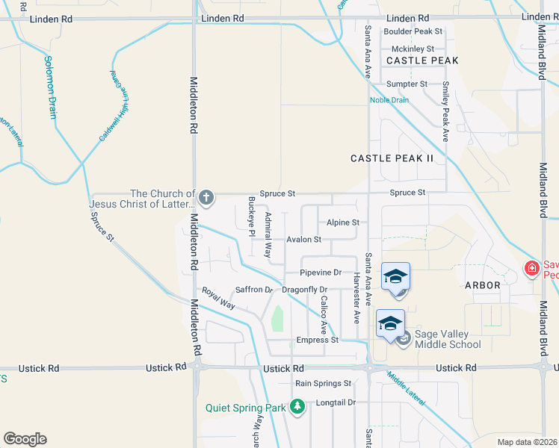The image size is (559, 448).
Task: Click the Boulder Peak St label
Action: [x=413, y=31]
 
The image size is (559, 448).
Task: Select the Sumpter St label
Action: [x=407, y=84]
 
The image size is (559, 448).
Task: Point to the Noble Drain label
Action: [x=389, y=99]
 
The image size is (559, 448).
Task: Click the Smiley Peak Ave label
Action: [x=445, y=112]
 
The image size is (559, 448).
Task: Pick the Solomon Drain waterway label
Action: [x=50, y=87]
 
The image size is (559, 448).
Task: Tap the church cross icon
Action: [x=206, y=198]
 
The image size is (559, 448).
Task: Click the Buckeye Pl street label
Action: [x=251, y=217]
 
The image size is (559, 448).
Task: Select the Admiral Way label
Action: [x=268, y=234]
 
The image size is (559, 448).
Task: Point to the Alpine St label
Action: [x=343, y=223]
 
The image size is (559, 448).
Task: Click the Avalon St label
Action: [x=303, y=240]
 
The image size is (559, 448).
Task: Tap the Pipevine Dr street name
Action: [x=321, y=273]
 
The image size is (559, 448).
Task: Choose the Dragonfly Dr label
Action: [x=305, y=289]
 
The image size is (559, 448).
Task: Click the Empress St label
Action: [x=318, y=340]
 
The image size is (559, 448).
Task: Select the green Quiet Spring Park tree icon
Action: [x=298, y=407]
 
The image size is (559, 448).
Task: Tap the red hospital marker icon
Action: [x=531, y=267]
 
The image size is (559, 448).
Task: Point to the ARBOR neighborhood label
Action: [x=482, y=285]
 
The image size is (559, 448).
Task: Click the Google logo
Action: [x=25, y=438]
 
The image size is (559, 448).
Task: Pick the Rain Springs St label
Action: [x=323, y=383]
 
